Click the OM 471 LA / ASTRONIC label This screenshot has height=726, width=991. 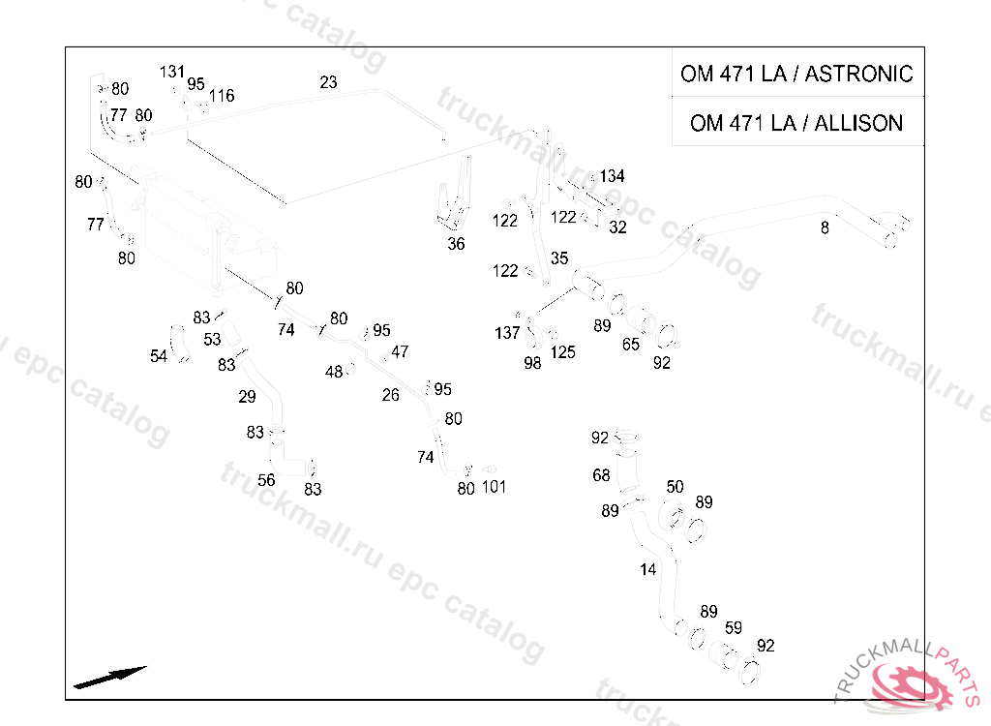tap(796, 75)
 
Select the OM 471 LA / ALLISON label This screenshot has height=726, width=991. tap(796, 123)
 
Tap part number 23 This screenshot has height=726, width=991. tap(328, 82)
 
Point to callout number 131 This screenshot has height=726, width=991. tap(172, 72)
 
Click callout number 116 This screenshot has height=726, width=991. tap(221, 96)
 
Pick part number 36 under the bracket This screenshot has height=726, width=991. tap(456, 244)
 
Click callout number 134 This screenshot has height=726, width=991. tap(612, 176)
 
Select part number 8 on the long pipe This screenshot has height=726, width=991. tap(825, 228)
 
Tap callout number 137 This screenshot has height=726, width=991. tap(507, 333)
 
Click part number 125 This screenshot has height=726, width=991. tap(562, 352)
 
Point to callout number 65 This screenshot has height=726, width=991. tap(631, 344)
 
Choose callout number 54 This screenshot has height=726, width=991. tap(159, 356)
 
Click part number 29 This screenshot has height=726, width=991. tap(247, 396)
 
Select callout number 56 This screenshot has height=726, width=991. tap(266, 480)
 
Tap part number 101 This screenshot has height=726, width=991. tap(494, 487)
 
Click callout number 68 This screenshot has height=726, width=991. tap(601, 475)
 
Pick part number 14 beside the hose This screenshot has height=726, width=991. tap(647, 569)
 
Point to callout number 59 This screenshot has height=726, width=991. tap(734, 627)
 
